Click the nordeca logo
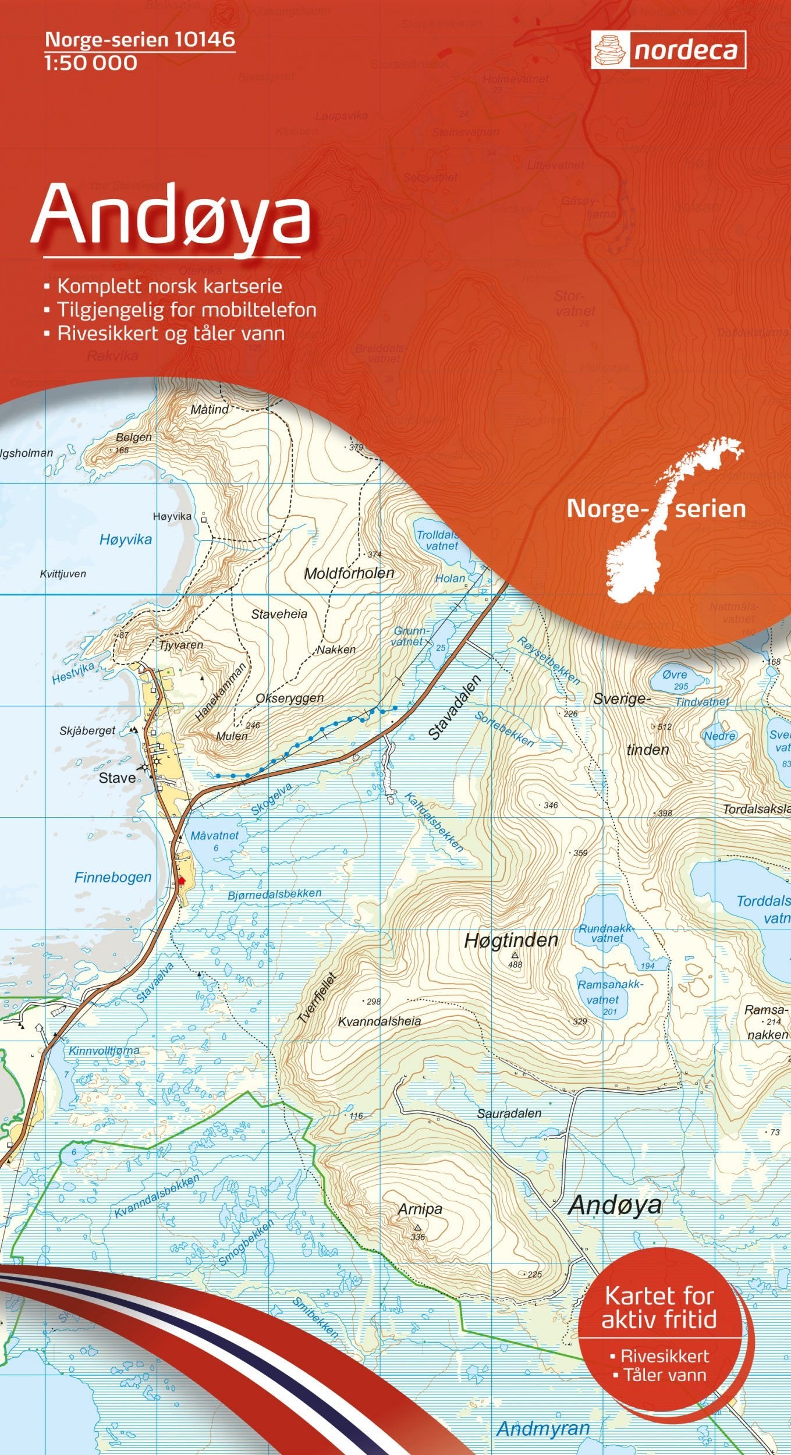668,50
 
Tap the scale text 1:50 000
90,63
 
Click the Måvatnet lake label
214,836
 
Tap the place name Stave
117,778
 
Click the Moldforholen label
349,573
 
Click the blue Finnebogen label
113,878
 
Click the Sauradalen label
509,1113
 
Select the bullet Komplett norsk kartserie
169,286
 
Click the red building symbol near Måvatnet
181,881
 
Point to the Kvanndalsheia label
379,1021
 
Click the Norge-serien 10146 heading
140,39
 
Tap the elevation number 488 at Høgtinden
515,964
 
